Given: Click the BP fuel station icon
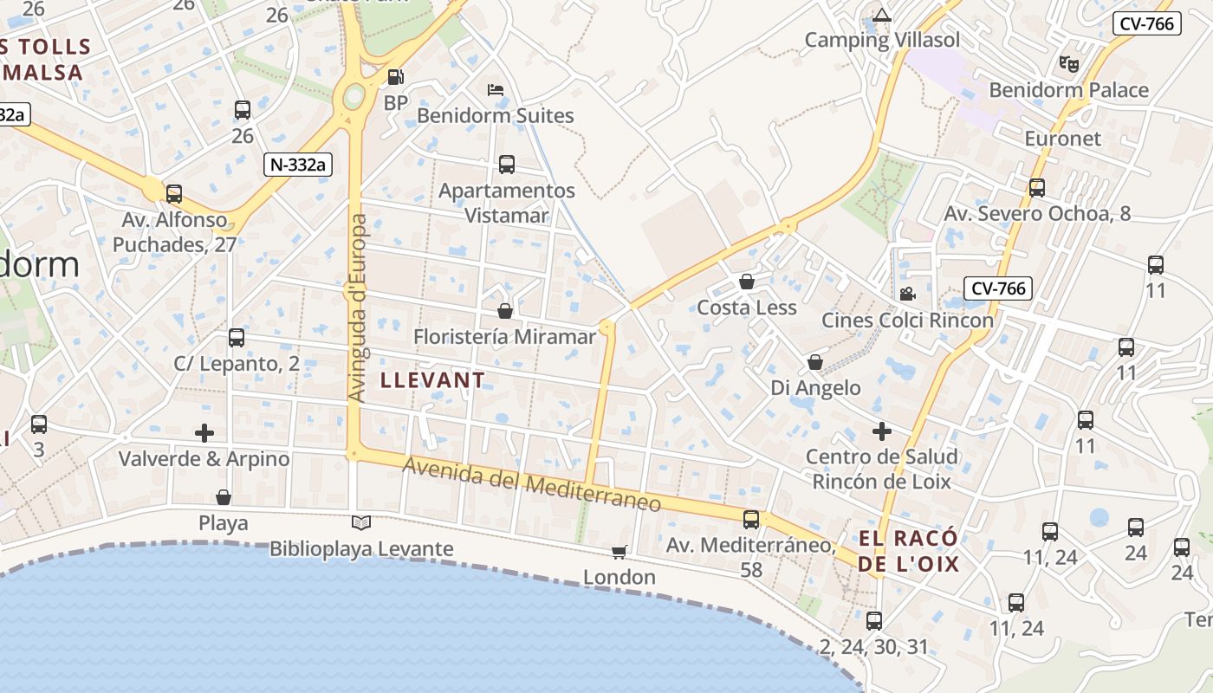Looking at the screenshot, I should tap(395, 77).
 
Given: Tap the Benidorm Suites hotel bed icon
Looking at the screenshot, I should tap(496, 90).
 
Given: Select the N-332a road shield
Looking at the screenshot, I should tap(300, 165).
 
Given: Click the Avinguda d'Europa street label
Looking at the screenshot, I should tap(358, 308).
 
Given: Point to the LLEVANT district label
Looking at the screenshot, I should tap(432, 380).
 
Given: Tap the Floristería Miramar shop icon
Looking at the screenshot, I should tap(505, 310).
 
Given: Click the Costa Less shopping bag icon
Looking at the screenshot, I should tap(747, 282).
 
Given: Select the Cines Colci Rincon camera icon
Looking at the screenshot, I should tap(907, 294).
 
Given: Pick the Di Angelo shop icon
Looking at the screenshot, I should tap(815, 362).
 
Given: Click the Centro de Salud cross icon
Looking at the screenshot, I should tap(882, 431).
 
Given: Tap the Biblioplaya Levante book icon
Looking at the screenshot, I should tap(361, 522).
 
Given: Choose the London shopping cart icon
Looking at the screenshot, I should tap(619, 552).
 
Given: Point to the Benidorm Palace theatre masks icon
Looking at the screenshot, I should tap(1069, 63).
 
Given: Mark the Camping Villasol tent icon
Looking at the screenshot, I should tap(882, 15).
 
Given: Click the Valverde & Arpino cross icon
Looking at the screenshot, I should tap(204, 432).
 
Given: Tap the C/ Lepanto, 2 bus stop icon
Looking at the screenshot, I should tap(237, 338).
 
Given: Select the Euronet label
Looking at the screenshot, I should tap(1062, 139).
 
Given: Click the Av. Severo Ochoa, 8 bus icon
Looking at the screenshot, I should tap(1037, 187).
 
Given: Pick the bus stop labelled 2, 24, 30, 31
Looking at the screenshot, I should tap(874, 621).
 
